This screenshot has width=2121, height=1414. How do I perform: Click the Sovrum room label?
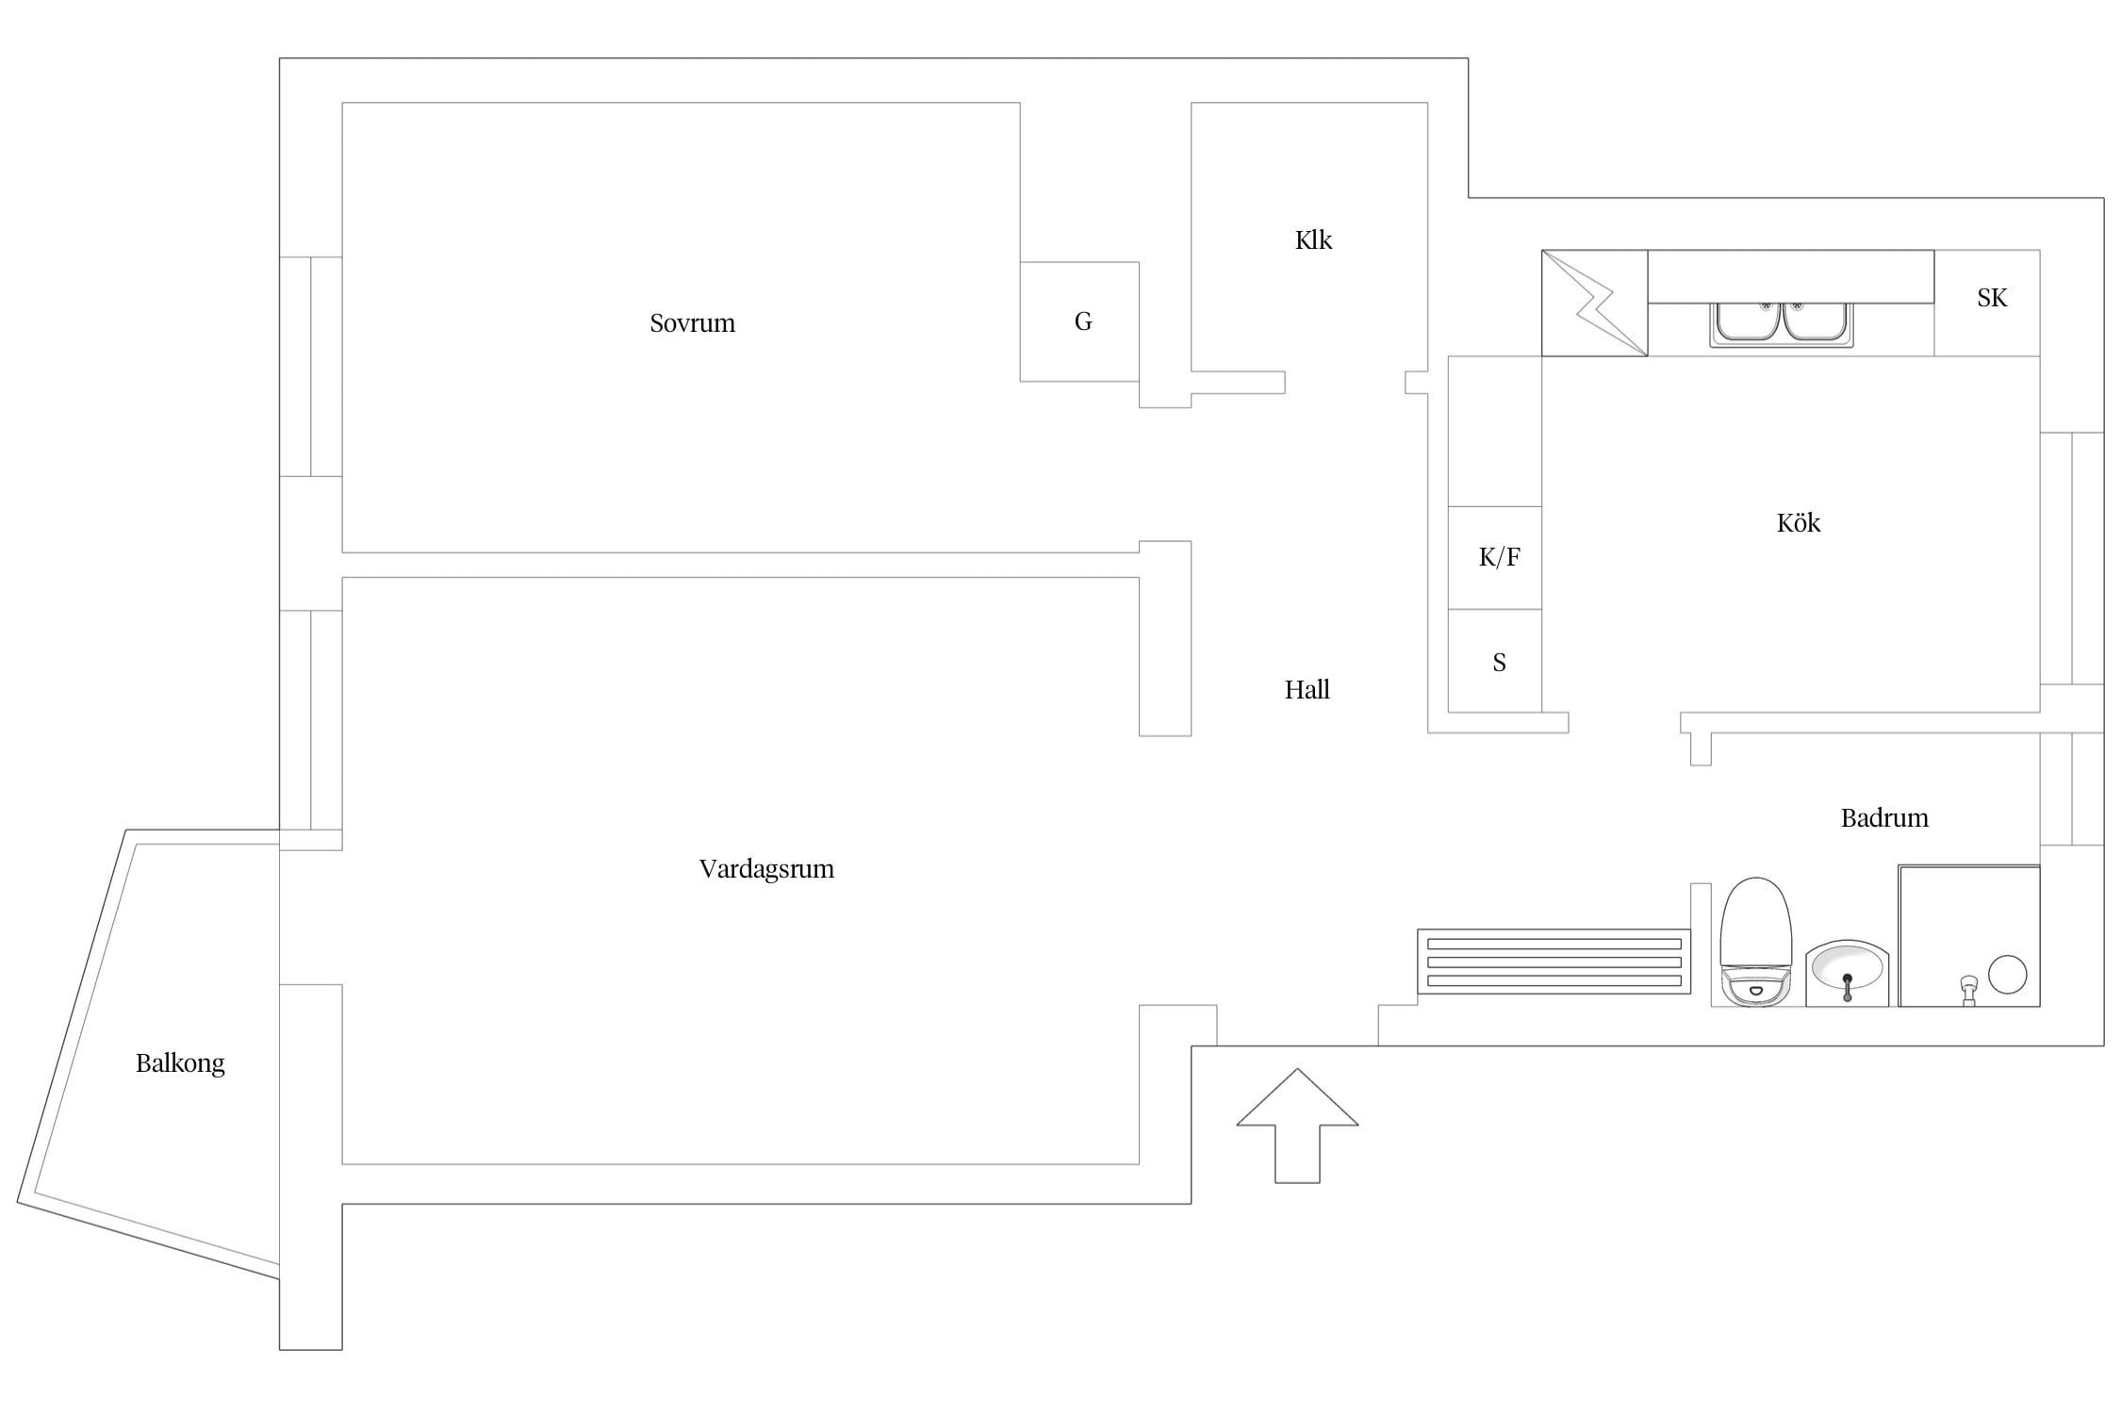(x=692, y=323)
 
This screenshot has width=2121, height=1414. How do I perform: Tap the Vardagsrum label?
(x=766, y=869)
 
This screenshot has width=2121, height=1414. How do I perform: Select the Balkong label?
(x=180, y=1063)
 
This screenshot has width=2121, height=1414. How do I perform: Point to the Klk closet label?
(x=1313, y=240)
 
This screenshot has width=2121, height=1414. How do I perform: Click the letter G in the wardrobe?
(x=1083, y=321)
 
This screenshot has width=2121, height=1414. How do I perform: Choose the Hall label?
(x=1307, y=690)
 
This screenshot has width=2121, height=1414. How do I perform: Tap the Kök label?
(x=1798, y=522)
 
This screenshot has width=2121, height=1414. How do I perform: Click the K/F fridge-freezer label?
(x=1499, y=557)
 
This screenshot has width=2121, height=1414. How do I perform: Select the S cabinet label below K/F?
(x=1499, y=663)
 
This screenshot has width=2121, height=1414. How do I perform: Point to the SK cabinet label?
(x=1992, y=298)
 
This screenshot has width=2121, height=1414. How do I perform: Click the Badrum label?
(x=1884, y=818)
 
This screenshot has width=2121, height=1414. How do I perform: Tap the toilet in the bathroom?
(x=1755, y=942)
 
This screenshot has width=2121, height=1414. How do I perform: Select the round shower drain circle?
(x=2007, y=975)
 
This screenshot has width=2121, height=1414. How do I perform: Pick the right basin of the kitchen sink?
(x=1815, y=322)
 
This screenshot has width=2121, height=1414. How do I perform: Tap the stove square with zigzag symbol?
(x=1594, y=304)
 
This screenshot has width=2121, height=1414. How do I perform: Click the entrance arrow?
(x=1297, y=1126)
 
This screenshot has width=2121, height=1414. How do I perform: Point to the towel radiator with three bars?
(x=1554, y=962)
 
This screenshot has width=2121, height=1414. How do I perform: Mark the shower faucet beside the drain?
(x=1968, y=991)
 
